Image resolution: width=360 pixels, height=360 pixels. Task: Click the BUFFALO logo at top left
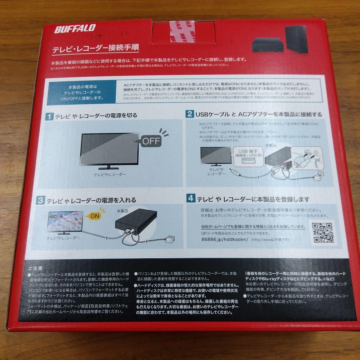pos(75,29)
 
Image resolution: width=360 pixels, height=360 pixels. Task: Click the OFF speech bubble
pos(151,141)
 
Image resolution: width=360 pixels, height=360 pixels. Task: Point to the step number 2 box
pos(189,114)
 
